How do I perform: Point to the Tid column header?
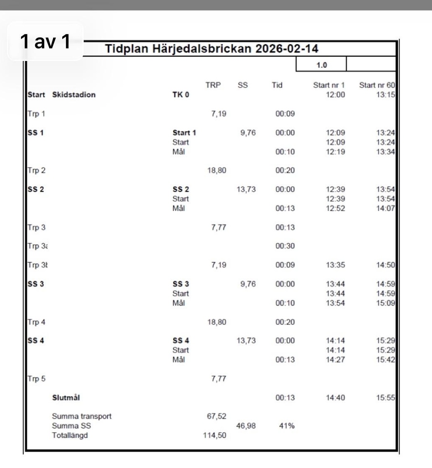click(x=277, y=86)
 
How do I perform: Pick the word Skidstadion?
click(x=74, y=95)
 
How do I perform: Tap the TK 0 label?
click(x=181, y=95)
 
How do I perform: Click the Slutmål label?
click(x=67, y=397)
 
